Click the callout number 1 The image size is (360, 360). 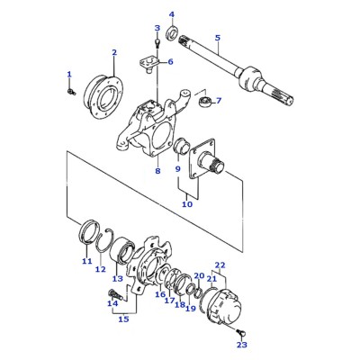(69, 74)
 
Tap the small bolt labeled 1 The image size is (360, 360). (71, 92)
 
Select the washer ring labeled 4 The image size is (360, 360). (172, 33)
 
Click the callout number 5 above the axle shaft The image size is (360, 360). (218, 38)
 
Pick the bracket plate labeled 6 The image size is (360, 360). (149, 64)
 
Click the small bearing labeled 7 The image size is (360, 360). (205, 101)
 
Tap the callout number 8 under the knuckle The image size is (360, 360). (157, 171)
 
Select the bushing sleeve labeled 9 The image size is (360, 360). (181, 146)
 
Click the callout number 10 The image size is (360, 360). (187, 204)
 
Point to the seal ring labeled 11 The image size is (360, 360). (89, 231)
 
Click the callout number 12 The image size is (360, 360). (101, 269)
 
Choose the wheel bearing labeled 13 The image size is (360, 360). (121, 251)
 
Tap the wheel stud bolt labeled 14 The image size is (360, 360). (114, 294)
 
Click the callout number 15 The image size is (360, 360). (123, 319)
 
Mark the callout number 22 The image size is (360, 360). (220, 265)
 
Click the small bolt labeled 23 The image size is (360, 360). (241, 332)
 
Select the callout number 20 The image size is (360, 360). (199, 275)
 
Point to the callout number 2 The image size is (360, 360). (114, 52)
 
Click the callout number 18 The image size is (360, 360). (180, 305)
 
